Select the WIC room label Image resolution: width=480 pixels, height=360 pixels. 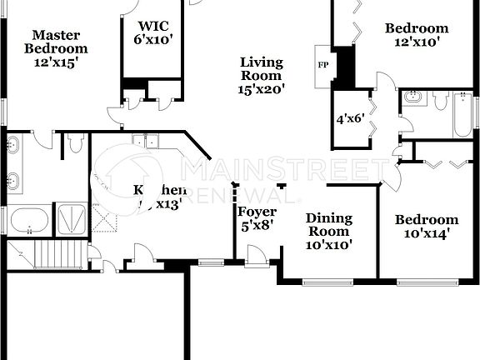click(x=153, y=25)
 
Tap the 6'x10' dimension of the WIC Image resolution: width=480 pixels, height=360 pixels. click(x=153, y=38)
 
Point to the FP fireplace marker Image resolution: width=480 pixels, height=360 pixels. click(x=322, y=64)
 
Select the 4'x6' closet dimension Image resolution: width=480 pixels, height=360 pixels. click(x=351, y=119)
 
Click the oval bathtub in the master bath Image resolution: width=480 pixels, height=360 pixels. click(x=29, y=222)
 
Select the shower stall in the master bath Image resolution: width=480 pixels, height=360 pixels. click(x=71, y=219)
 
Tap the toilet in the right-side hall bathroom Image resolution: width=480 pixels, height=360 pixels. click(x=439, y=100)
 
